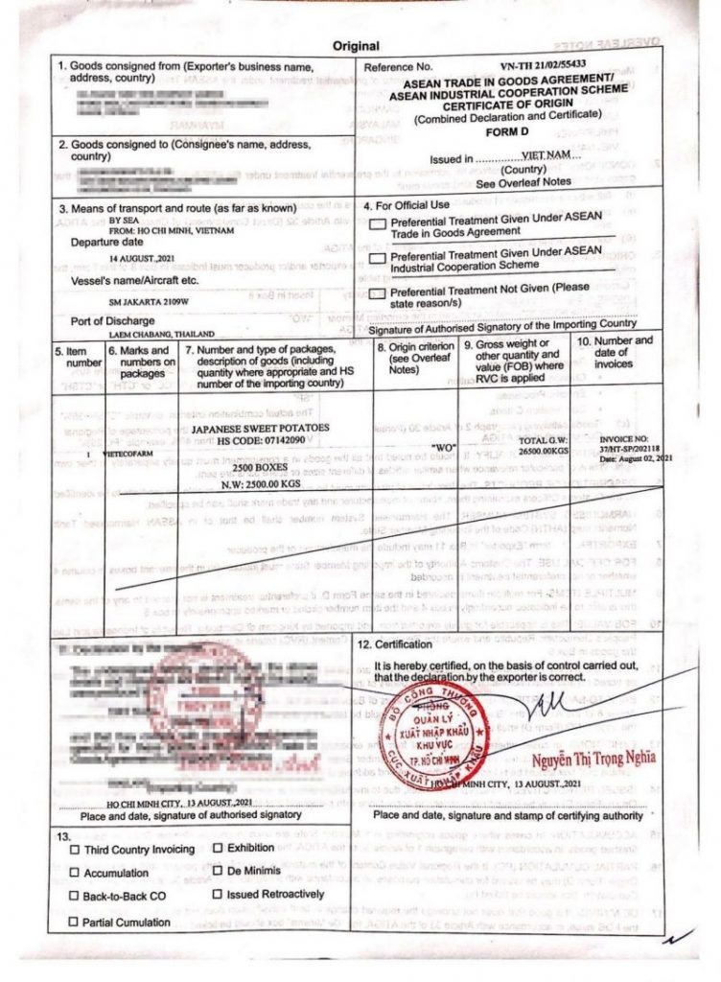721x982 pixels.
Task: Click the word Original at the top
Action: click(356, 46)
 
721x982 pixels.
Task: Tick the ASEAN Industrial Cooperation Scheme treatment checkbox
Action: click(378, 258)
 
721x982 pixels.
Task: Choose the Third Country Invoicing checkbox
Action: click(75, 850)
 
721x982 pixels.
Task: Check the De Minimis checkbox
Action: click(219, 871)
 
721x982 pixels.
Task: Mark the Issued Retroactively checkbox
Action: click(219, 894)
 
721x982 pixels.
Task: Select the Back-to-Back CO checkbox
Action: click(75, 896)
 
